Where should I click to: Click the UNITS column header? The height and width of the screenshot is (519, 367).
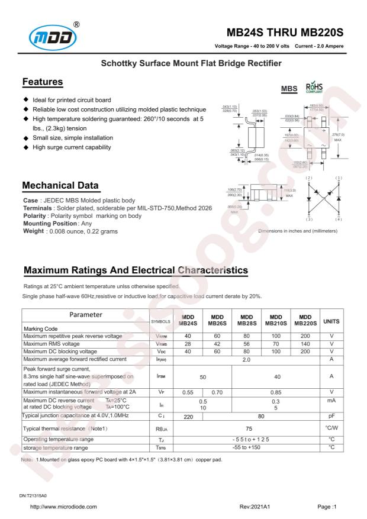(x=331, y=320)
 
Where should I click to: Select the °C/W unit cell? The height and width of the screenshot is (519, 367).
(x=331, y=428)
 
